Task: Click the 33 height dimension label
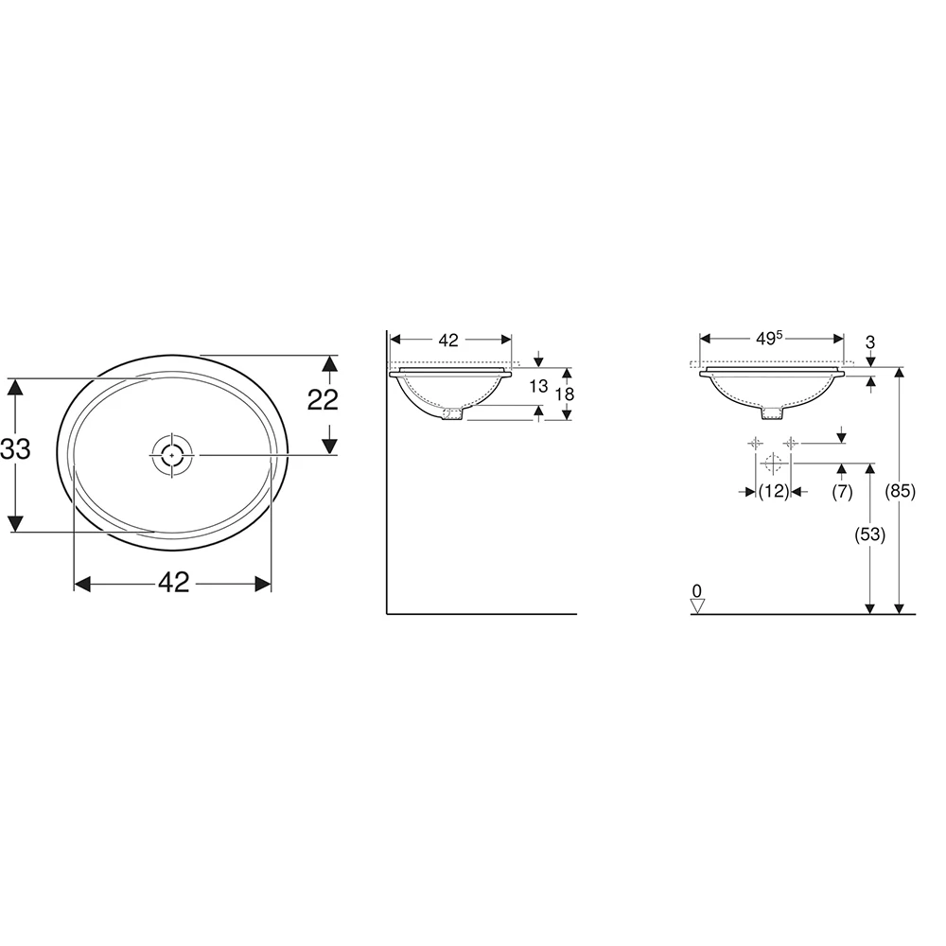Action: coord(15,450)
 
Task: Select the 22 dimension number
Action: coord(323,400)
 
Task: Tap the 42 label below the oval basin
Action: coord(173,584)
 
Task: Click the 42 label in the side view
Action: coord(449,340)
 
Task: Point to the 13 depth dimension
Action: coord(538,386)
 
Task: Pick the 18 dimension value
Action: coord(565,394)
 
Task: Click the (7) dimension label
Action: coord(842,491)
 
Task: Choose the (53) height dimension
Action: coord(868,534)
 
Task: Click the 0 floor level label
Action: coord(697,591)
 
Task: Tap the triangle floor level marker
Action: coord(697,606)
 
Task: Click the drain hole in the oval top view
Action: coord(171,455)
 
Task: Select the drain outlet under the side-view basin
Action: coord(453,413)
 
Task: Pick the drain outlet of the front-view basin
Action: coord(773,412)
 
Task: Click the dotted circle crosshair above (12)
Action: coord(772,464)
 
